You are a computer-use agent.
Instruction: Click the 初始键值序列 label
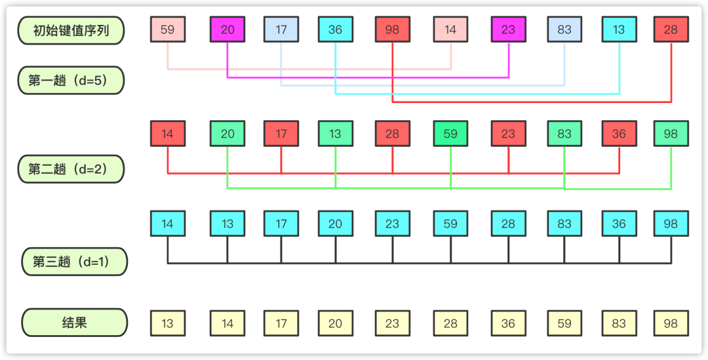pyautogui.click(x=71, y=30)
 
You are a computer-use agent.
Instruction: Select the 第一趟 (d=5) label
pyautogui.click(x=71, y=81)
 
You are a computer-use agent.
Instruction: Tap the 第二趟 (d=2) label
pyautogui.click(x=71, y=169)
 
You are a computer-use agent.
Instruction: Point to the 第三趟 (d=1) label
pyautogui.click(x=75, y=262)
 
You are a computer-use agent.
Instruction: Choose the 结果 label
pyautogui.click(x=75, y=323)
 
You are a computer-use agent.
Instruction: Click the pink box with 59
pyautogui.click(x=168, y=30)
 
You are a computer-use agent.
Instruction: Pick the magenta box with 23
pyautogui.click(x=509, y=30)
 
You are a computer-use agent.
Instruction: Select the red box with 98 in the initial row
pyautogui.click(x=393, y=30)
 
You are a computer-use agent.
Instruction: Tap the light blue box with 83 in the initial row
pyautogui.click(x=564, y=30)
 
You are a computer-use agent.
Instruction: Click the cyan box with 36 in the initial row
pyautogui.click(x=336, y=30)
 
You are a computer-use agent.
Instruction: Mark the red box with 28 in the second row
pyautogui.click(x=393, y=134)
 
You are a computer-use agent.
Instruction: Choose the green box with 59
pyautogui.click(x=450, y=134)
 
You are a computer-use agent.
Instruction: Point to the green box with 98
pyautogui.click(x=671, y=134)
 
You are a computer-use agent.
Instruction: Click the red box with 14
pyautogui.click(x=168, y=134)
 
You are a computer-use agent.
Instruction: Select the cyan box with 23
pyautogui.click(x=393, y=224)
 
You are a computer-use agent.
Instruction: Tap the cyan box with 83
pyautogui.click(x=564, y=224)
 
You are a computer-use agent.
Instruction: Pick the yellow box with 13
pyautogui.click(x=168, y=323)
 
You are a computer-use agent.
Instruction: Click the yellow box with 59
pyautogui.click(x=564, y=323)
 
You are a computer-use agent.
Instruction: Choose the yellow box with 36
pyautogui.click(x=509, y=323)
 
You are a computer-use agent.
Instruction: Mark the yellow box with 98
pyautogui.click(x=671, y=323)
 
